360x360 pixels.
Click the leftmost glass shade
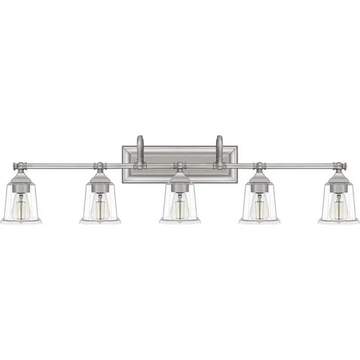[x=21, y=205]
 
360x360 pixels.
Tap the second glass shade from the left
[x=100, y=205]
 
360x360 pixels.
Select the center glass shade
[x=179, y=205]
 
